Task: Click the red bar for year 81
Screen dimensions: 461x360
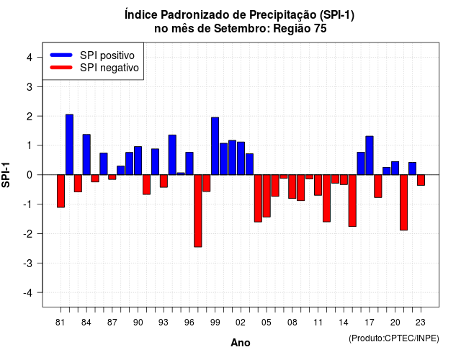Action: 61,191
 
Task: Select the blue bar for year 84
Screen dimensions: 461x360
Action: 86,155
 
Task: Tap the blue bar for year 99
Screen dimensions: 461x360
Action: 215,146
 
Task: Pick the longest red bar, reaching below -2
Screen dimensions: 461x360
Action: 198,211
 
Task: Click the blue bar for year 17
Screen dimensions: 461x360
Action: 370,156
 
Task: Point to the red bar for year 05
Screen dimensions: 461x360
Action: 267,196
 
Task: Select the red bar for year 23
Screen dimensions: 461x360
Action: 421,180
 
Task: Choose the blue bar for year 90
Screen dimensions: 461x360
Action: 138,161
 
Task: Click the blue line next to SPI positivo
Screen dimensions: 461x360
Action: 61,55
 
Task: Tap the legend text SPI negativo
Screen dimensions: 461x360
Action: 109,68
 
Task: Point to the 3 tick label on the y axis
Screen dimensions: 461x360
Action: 30,86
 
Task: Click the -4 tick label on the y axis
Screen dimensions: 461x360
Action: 28,293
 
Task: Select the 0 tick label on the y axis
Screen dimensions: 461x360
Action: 30,175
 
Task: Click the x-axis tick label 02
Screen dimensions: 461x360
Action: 241,323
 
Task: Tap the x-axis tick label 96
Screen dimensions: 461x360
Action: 189,323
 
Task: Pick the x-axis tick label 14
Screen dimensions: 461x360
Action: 344,323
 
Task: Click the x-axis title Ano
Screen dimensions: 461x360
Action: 241,343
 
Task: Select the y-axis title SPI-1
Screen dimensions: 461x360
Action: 6,175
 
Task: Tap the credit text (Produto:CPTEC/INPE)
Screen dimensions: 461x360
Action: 394,338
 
